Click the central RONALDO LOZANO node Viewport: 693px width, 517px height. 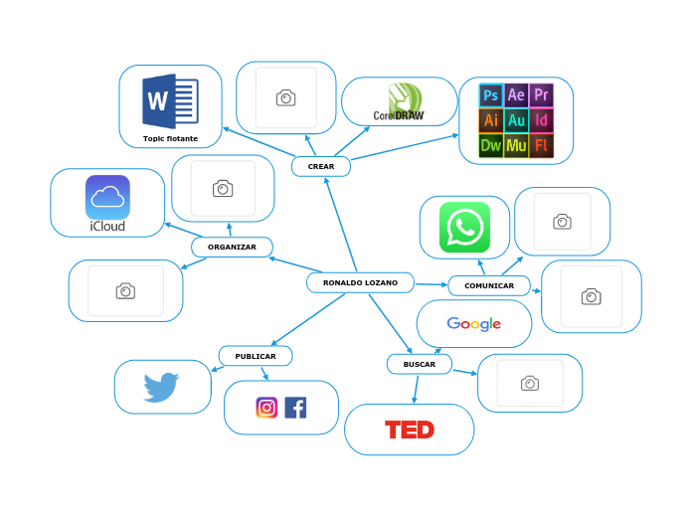click(360, 283)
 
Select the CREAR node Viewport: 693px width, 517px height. click(321, 166)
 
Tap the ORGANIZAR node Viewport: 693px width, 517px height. click(232, 247)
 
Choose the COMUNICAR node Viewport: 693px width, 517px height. click(489, 286)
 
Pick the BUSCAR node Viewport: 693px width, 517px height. click(420, 365)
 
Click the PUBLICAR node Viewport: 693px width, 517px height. click(256, 356)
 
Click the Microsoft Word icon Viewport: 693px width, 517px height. click(170, 101)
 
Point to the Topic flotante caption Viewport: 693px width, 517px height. click(170, 138)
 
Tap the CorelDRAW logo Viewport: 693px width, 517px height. click(399, 104)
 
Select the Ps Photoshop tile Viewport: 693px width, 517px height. click(490, 95)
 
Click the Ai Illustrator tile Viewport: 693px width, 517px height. click(490, 120)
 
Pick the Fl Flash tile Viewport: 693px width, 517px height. click(541, 146)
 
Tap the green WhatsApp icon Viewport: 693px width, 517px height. click(464, 227)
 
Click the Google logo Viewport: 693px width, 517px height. click(473, 324)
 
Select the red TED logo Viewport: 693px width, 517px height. click(410, 430)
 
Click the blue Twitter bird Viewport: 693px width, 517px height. click(161, 386)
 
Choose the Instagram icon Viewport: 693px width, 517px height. click(266, 408)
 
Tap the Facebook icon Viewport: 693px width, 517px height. click(295, 408)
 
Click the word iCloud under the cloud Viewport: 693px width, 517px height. click(107, 227)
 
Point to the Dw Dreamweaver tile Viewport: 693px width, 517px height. click(490, 146)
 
